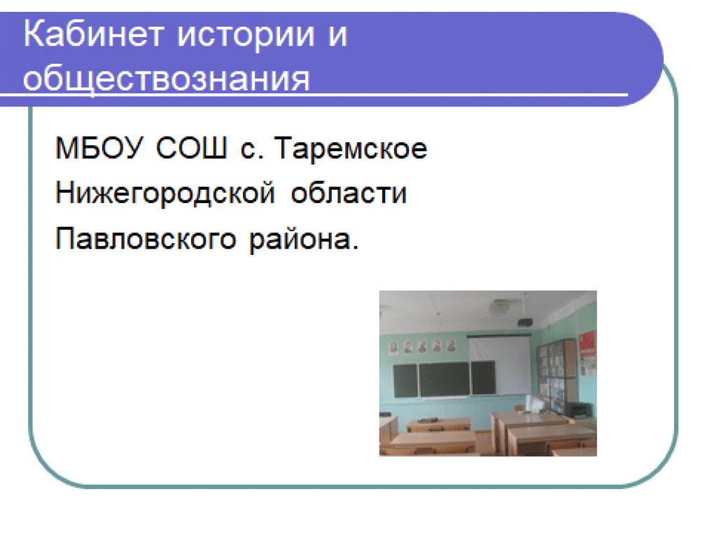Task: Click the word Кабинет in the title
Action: coord(93,34)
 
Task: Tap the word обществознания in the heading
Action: coord(166,79)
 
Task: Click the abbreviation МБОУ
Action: coord(99,149)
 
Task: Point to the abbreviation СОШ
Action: coord(191,148)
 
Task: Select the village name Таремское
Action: coord(351,148)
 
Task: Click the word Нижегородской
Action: coord(164,194)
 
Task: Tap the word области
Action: coord(349,193)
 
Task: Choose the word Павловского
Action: coord(146,238)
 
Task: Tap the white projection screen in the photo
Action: coord(500,364)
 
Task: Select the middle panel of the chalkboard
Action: coord(444,380)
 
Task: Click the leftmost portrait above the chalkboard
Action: coord(394,347)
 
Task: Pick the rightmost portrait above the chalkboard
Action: coord(451,346)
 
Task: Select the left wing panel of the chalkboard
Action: coord(405,381)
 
